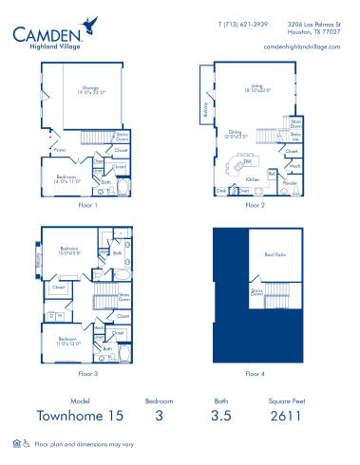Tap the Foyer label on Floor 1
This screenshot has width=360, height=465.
click(58, 148)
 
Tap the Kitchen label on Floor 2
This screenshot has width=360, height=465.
click(253, 178)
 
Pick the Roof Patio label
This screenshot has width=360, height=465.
click(275, 255)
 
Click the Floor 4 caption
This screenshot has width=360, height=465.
click(255, 374)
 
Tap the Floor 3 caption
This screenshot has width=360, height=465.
click(86, 374)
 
